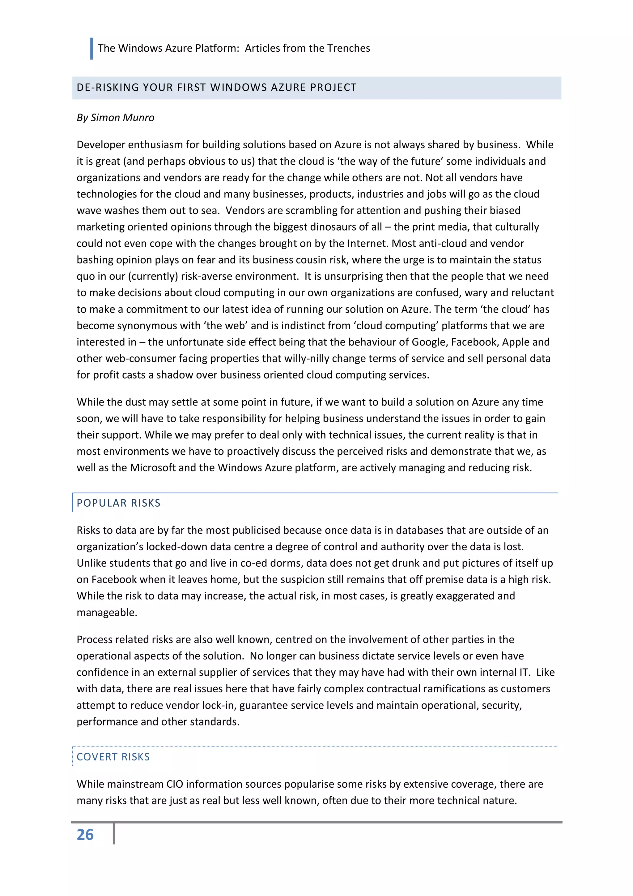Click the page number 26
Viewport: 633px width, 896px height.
pos(85,835)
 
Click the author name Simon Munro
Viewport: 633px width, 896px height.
pos(122,118)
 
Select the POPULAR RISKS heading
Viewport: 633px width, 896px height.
pos(118,503)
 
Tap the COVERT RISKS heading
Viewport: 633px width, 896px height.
pos(113,757)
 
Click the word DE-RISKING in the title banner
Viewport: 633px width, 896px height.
pos(108,87)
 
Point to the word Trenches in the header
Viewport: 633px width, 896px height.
pos(348,48)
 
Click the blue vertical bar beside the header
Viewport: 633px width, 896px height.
pos(91,48)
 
